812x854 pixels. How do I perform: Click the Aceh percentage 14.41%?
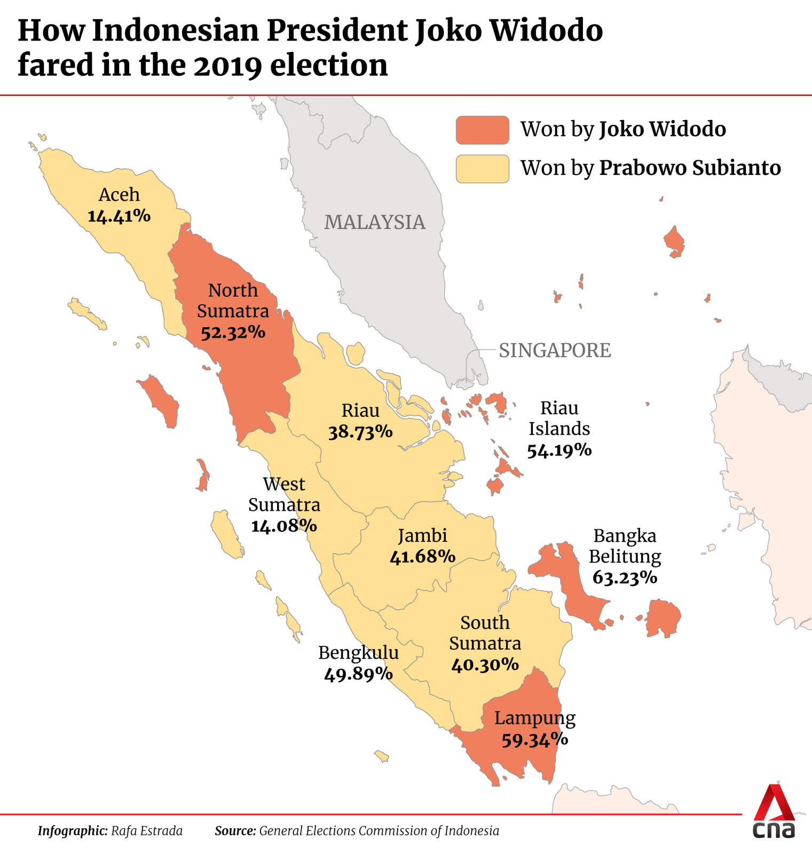(119, 216)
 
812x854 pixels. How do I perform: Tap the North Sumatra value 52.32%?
(233, 333)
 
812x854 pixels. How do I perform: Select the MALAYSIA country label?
(375, 223)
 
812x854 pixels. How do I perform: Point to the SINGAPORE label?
(555, 351)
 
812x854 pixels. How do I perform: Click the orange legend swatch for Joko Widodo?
(482, 130)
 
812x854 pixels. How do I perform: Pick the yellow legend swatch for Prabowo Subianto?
(482, 169)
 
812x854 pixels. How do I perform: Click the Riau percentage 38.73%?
(360, 432)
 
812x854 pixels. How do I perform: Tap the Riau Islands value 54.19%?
(559, 450)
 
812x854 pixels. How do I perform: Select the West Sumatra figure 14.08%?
(284, 526)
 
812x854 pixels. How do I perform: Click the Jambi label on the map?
(422, 536)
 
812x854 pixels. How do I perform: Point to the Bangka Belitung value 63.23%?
(625, 578)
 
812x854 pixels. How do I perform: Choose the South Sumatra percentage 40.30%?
(485, 665)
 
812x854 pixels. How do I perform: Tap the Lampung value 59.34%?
(534, 740)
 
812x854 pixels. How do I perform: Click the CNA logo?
(774, 811)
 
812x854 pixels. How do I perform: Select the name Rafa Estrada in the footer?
(147, 831)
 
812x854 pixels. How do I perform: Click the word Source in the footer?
(235, 831)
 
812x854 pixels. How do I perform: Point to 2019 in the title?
(228, 66)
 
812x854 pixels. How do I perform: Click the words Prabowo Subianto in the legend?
(690, 168)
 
